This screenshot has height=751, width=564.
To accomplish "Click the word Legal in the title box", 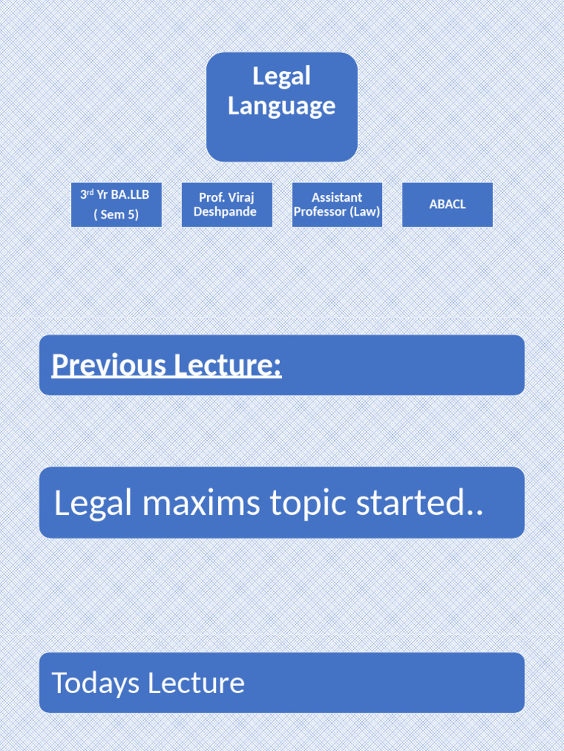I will tap(281, 76).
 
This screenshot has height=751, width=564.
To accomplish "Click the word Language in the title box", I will tap(281, 106).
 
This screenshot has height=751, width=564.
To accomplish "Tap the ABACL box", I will tap(447, 205).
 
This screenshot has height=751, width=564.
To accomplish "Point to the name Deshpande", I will tap(225, 212).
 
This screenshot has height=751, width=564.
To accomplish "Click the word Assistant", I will tap(336, 197).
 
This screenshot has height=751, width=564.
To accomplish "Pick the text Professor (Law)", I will tap(336, 212).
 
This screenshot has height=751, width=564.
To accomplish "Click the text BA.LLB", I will tap(130, 194).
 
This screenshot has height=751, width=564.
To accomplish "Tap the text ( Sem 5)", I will tap(116, 215).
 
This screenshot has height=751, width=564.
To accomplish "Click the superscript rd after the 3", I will tap(90, 192).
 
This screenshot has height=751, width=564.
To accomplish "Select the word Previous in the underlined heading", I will tap(107, 364).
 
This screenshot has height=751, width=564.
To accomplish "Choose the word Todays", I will tap(95, 683).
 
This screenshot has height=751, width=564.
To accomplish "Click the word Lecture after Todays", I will tap(196, 683).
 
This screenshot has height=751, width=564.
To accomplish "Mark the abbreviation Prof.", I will tap(211, 197).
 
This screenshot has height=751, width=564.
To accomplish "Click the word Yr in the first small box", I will tap(103, 194).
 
